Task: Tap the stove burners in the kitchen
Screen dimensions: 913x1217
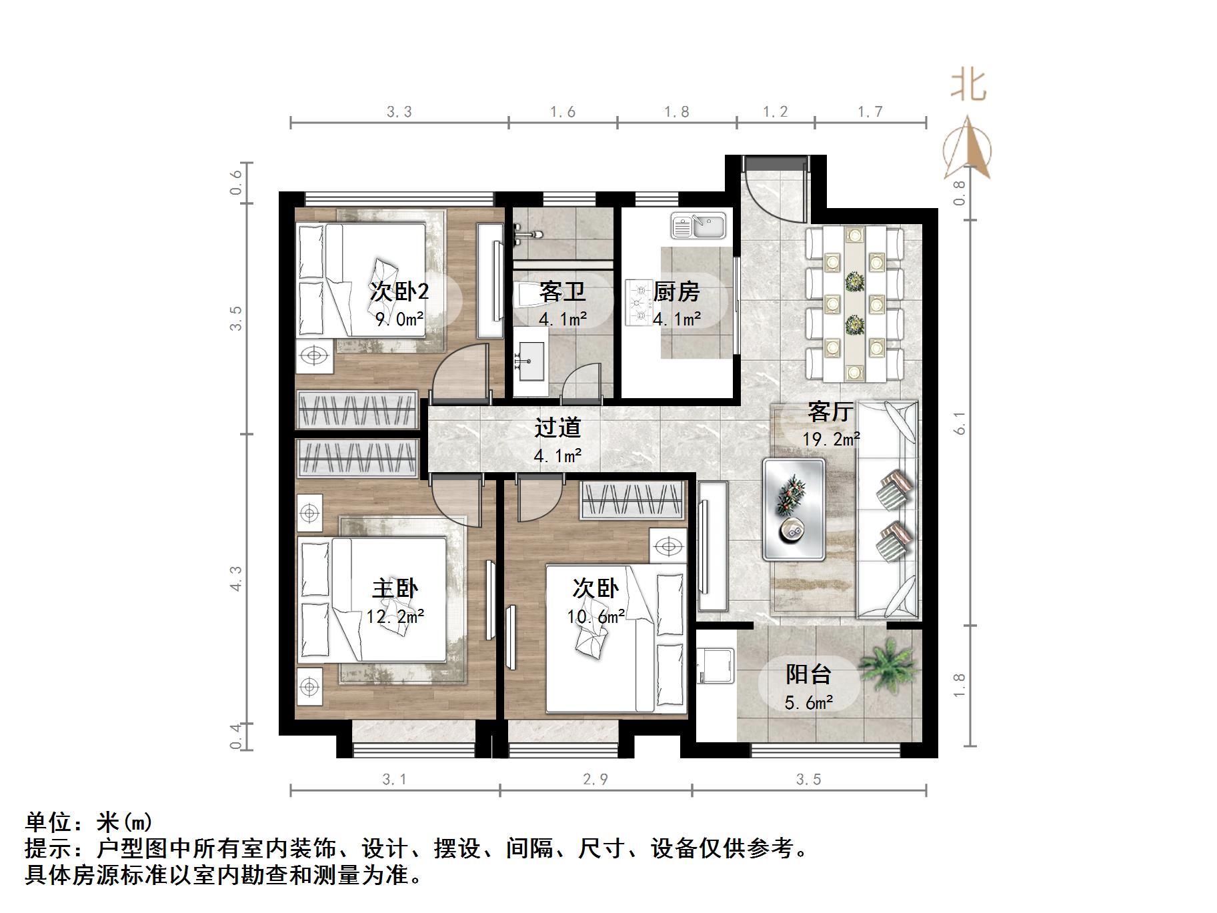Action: point(638,302)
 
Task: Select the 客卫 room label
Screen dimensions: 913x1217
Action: point(562,291)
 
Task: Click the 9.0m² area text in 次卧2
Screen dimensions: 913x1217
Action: point(399,319)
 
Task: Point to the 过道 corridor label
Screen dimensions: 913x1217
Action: point(557,427)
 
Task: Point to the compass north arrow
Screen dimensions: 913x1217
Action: point(968,148)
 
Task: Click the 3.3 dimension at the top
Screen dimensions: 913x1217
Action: point(399,112)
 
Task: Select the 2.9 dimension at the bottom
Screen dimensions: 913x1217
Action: point(595,779)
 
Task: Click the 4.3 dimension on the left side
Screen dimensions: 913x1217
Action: point(236,578)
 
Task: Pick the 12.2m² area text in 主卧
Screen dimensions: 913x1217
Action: point(395,616)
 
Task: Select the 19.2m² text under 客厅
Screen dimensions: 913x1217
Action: point(830,439)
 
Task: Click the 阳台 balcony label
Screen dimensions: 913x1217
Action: point(808,674)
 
